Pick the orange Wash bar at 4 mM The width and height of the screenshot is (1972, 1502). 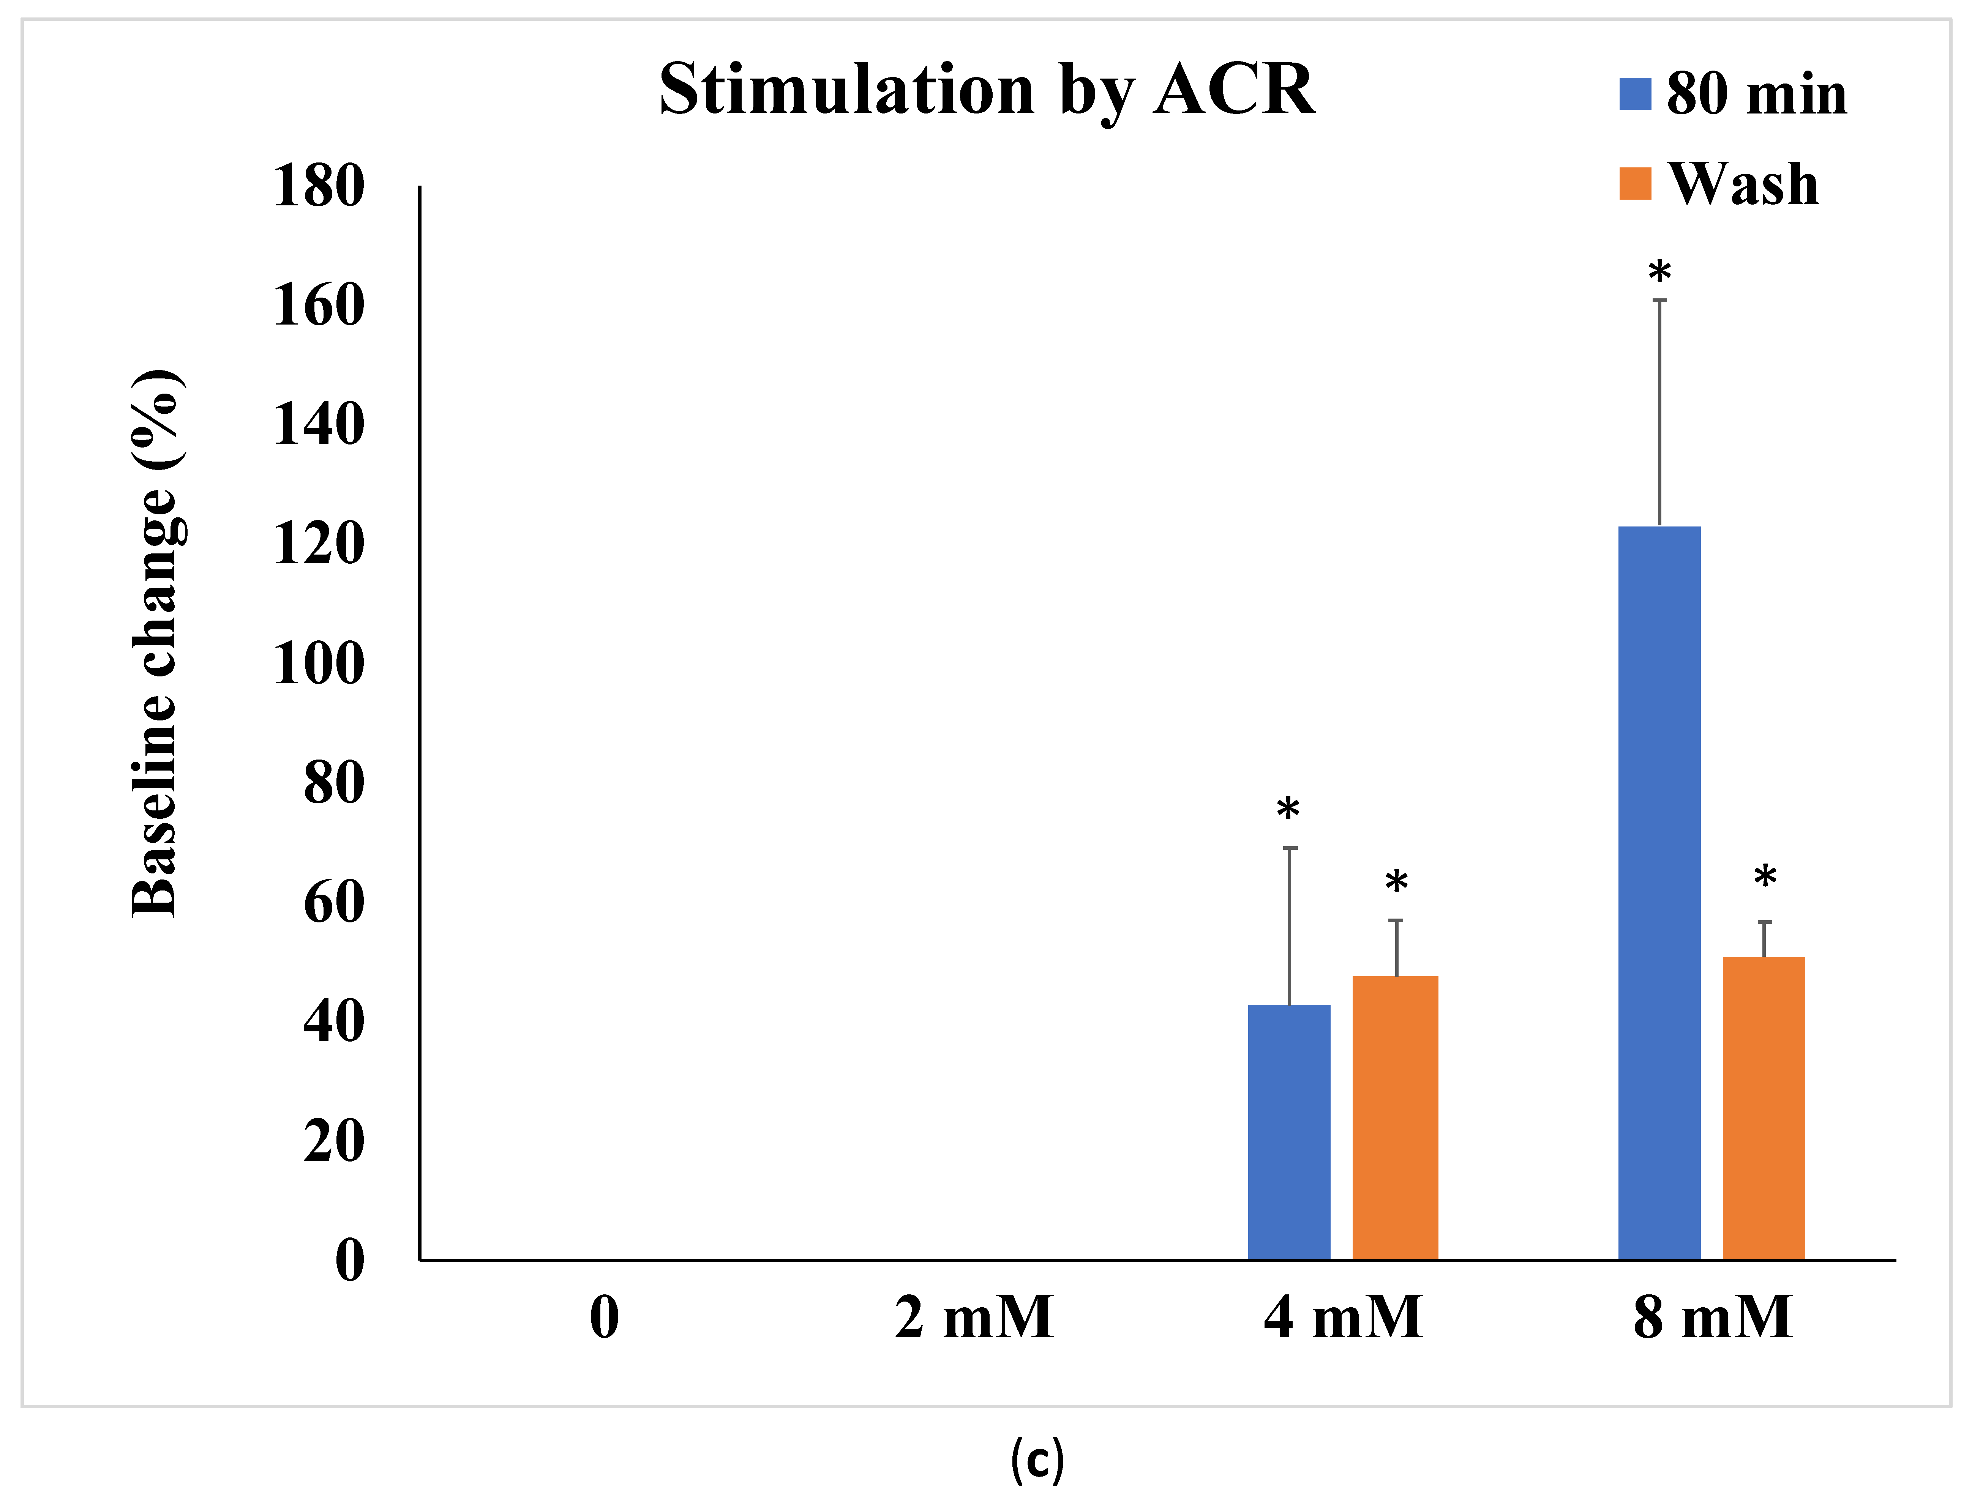coord(1395,1117)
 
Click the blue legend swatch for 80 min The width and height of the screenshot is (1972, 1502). coord(1635,94)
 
